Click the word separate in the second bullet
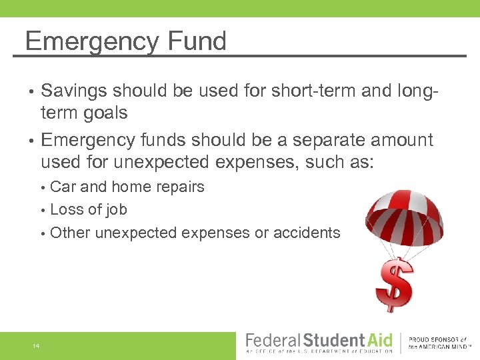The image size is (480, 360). pos(297,140)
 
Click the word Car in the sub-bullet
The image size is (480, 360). pos(63,187)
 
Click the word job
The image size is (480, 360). pos(115,210)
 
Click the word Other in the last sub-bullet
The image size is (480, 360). pos(71,233)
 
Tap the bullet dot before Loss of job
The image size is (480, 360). pos(43,210)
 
